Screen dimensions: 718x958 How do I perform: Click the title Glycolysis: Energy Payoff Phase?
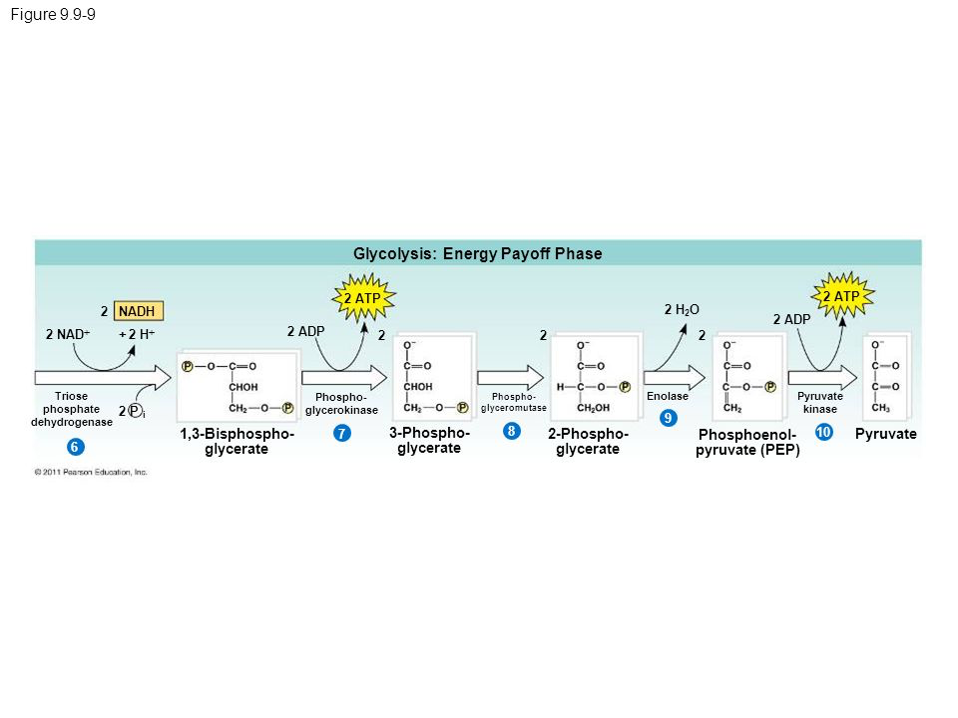(478, 254)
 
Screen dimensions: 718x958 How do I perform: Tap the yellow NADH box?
(141, 311)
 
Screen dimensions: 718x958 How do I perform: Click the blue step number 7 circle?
(341, 434)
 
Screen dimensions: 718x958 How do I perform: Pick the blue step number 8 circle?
(510, 431)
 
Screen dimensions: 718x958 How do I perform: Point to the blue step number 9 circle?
(668, 416)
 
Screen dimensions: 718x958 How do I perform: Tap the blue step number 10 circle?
(823, 433)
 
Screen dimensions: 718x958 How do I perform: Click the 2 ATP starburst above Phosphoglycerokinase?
(362, 297)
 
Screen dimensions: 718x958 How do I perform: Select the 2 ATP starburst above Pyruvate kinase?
(840, 296)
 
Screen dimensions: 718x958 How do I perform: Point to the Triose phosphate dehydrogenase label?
(72, 409)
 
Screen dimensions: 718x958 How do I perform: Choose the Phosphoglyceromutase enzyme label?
(514, 403)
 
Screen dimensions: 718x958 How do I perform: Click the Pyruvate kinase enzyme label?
(820, 403)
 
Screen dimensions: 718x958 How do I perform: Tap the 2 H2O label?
(682, 311)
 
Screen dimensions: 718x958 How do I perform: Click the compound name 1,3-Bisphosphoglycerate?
(238, 442)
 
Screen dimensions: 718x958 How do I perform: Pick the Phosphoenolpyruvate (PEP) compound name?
(748, 443)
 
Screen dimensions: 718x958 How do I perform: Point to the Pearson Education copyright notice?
(91, 472)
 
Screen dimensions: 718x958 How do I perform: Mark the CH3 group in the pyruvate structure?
(881, 407)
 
